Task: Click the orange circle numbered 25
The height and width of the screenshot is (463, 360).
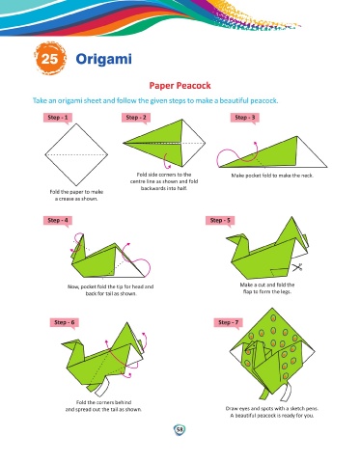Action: [x=50, y=59]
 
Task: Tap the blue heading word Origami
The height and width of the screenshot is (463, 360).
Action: [x=103, y=59]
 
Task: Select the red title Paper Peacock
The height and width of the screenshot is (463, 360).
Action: [x=180, y=86]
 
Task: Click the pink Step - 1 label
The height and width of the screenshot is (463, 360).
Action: [x=58, y=118]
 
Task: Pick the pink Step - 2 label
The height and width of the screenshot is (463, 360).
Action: [x=136, y=118]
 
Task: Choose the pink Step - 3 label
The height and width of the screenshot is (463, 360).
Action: [x=244, y=118]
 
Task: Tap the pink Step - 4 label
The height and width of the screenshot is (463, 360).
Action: [x=58, y=221]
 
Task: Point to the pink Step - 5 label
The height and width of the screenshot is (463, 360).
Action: [x=220, y=221]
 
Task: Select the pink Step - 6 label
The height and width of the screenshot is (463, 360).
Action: [x=65, y=322]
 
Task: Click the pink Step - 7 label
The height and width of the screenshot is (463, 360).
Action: [x=229, y=322]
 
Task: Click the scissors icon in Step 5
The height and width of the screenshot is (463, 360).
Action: [x=297, y=267]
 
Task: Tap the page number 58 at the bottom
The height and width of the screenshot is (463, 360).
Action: [x=180, y=429]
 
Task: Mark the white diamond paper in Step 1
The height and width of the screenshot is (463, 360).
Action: [x=76, y=154]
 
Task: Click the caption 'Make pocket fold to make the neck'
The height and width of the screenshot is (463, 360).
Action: [x=272, y=176]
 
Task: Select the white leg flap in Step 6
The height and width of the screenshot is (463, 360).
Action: [x=101, y=389]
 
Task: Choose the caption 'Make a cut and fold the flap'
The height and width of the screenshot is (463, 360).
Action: [x=267, y=288]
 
